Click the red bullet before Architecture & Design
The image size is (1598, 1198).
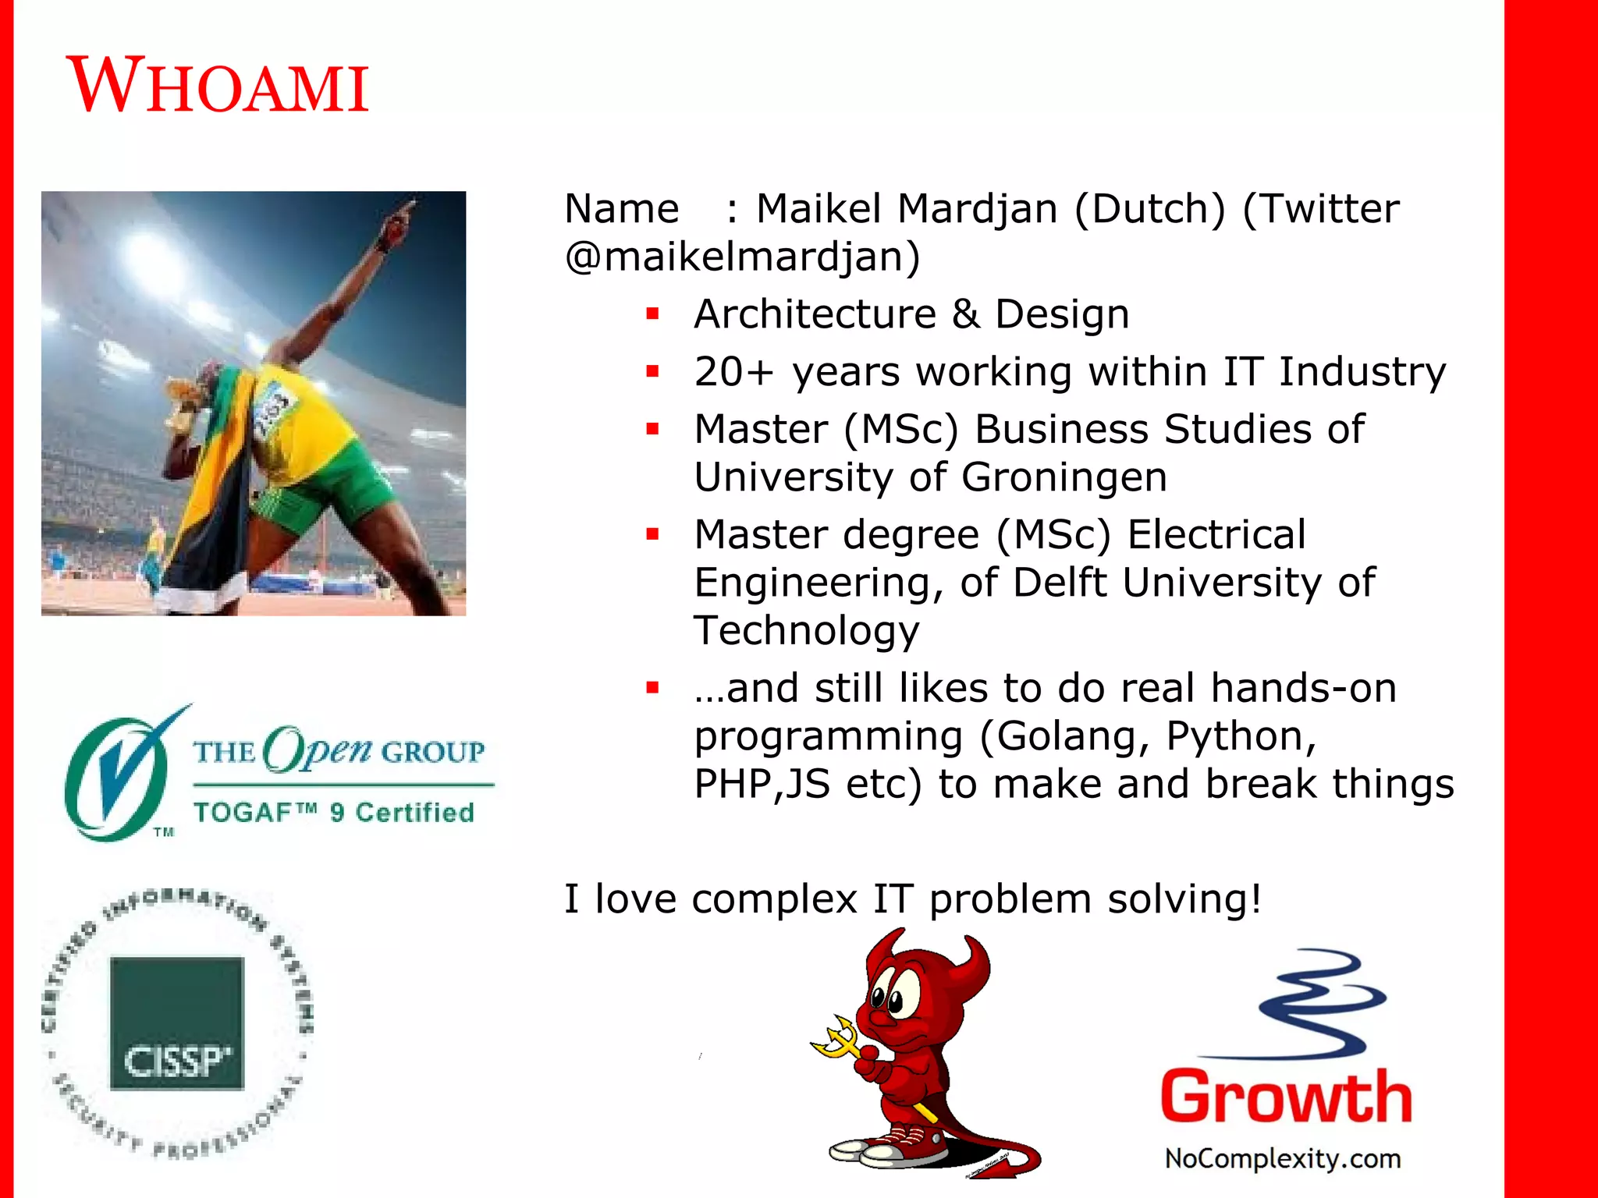(652, 314)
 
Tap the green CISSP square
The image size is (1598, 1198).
(177, 1023)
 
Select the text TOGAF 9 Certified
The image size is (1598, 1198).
(334, 813)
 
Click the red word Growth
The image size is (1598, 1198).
(1286, 1097)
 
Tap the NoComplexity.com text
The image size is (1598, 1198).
(1283, 1158)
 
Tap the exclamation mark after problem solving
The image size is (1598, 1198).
(1255, 898)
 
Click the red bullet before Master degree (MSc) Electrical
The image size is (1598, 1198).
(652, 534)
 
